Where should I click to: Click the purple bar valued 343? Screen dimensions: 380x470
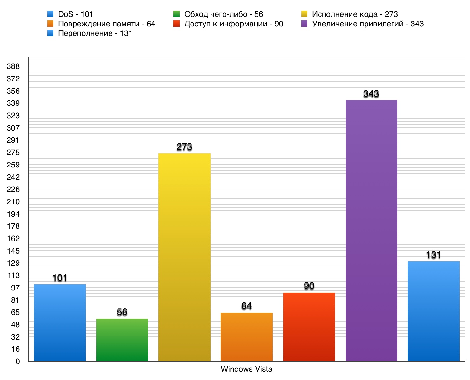point(371,230)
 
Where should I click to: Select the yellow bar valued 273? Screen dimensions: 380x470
point(184,257)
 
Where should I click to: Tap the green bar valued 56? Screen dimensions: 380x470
point(122,340)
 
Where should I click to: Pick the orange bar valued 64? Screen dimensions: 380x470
point(246,337)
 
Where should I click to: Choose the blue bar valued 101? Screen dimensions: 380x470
point(60,322)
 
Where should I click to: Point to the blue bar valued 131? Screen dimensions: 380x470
point(433,311)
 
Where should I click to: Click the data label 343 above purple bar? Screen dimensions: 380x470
point(371,94)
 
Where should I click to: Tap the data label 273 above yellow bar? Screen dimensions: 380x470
point(184,147)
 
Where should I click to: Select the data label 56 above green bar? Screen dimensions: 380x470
point(122,312)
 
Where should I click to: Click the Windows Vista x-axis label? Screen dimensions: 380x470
point(246,369)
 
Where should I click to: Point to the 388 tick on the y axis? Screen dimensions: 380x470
point(13,66)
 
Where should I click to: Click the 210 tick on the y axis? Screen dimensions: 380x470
point(13,202)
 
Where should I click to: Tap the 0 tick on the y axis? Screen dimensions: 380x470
point(17,362)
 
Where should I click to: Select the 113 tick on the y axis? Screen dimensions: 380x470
point(13,275)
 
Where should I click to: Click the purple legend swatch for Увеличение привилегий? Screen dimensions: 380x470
point(305,24)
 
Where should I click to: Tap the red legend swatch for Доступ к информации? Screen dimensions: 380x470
point(177,24)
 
